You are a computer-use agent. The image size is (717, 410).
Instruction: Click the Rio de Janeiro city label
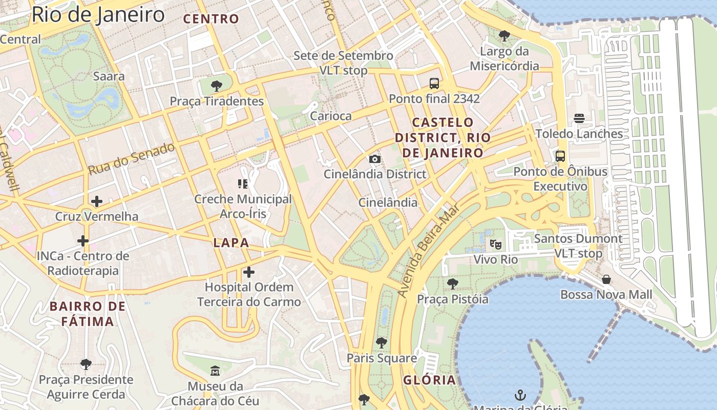click(x=98, y=14)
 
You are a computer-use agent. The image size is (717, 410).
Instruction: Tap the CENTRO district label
click(x=211, y=19)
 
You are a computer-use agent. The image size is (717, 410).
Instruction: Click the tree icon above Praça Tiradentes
click(x=217, y=86)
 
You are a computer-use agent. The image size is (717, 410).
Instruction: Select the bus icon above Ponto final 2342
click(x=434, y=83)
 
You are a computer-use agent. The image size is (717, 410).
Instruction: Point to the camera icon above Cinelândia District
click(x=375, y=159)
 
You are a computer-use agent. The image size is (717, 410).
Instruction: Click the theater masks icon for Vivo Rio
click(x=495, y=244)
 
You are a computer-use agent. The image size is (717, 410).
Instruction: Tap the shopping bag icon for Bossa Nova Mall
click(x=606, y=279)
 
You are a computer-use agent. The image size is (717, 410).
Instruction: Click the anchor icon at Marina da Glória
click(x=520, y=395)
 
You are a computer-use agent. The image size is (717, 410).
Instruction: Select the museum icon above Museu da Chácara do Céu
click(x=215, y=371)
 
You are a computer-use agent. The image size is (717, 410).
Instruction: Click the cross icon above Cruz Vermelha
click(x=96, y=201)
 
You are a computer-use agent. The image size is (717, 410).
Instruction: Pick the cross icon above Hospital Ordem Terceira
click(x=249, y=272)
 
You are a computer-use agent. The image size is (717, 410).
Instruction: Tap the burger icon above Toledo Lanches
click(x=579, y=118)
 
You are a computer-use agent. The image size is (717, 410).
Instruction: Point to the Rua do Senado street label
click(x=131, y=159)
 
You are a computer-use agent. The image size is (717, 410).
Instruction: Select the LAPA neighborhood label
click(x=231, y=243)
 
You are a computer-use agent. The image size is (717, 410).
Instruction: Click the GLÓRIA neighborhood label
click(x=429, y=380)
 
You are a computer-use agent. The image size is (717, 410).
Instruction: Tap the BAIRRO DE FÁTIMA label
click(x=88, y=314)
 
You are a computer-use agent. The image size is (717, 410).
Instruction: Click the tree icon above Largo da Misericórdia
click(x=504, y=36)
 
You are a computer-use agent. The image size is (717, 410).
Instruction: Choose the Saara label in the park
click(x=109, y=76)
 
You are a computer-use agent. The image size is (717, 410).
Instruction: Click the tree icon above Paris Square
click(x=381, y=342)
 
